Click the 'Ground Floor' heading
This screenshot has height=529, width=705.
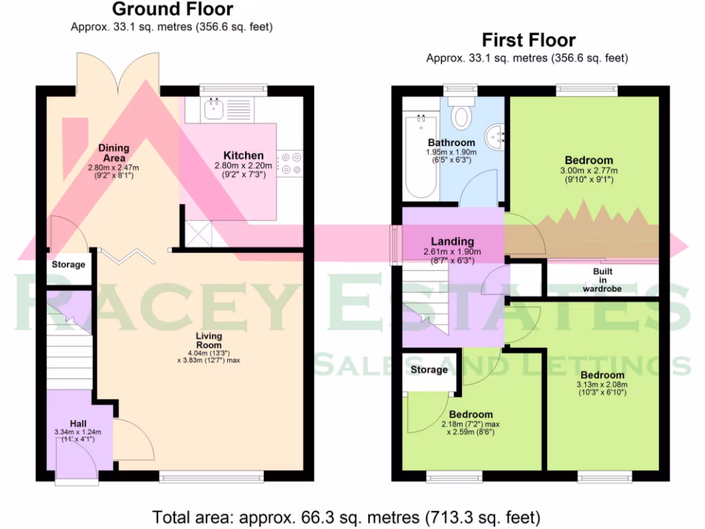click(x=172, y=10)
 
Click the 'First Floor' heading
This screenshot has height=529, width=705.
click(x=528, y=40)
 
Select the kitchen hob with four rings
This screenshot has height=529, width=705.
click(x=290, y=164)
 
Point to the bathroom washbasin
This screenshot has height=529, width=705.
click(x=496, y=134)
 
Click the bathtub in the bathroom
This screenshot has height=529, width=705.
click(x=419, y=155)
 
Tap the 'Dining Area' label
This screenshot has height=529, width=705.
click(x=113, y=153)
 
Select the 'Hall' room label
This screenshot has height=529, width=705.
click(x=78, y=423)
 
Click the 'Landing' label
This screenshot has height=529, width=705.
click(x=452, y=242)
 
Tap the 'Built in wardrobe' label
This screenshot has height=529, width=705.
click(x=602, y=280)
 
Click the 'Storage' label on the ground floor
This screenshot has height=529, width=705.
click(x=69, y=264)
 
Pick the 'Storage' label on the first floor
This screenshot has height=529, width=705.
click(x=429, y=370)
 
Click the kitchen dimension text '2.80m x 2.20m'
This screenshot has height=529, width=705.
click(x=244, y=165)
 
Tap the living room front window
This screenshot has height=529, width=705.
click(x=211, y=475)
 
